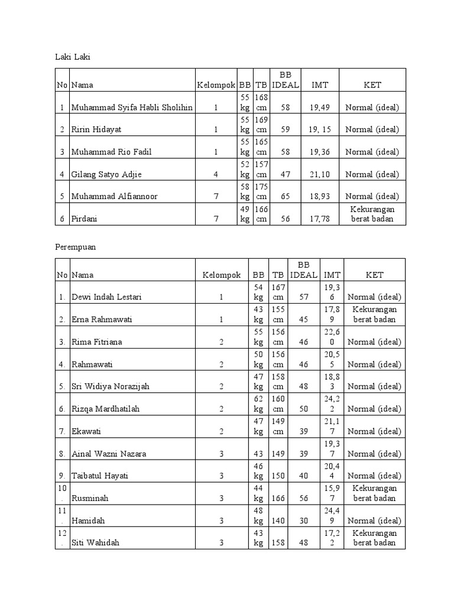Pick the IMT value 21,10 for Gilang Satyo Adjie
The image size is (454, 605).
pos(320,174)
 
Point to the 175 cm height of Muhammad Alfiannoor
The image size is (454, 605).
pos(261,191)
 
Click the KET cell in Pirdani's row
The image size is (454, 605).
pos(372,214)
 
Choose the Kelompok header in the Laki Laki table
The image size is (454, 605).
pos(216,85)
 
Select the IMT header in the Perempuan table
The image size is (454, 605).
pos(332,275)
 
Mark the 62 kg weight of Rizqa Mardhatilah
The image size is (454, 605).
pos(258,404)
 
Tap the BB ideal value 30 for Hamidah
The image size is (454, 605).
pos(304,520)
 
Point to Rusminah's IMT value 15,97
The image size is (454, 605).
pos(332,493)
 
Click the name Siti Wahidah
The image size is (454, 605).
pos(95,542)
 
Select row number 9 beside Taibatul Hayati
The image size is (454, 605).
pos(62,476)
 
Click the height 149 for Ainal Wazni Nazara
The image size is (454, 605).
pos(278,454)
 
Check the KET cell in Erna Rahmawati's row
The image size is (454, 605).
pos(374,314)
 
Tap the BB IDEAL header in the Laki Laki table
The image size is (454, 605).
pos(285,80)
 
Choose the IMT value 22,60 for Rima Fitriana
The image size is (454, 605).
pos(332,337)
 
